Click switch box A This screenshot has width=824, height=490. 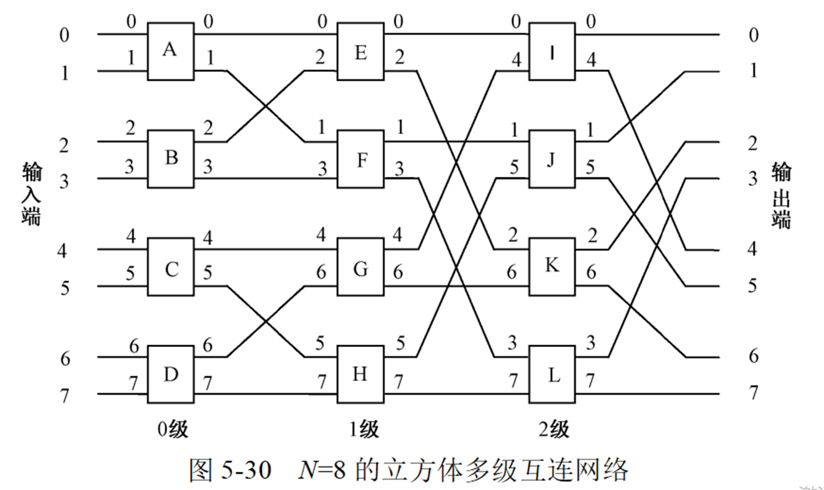(x=171, y=52)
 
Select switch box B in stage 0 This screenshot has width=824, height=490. (x=171, y=160)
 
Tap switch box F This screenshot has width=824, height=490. (x=361, y=160)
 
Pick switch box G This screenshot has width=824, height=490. (x=361, y=267)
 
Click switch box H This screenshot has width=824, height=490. (x=361, y=375)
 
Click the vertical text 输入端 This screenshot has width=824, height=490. (x=31, y=194)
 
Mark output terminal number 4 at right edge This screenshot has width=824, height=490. (x=752, y=248)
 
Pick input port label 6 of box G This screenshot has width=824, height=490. (x=322, y=273)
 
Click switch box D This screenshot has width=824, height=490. (x=171, y=375)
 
